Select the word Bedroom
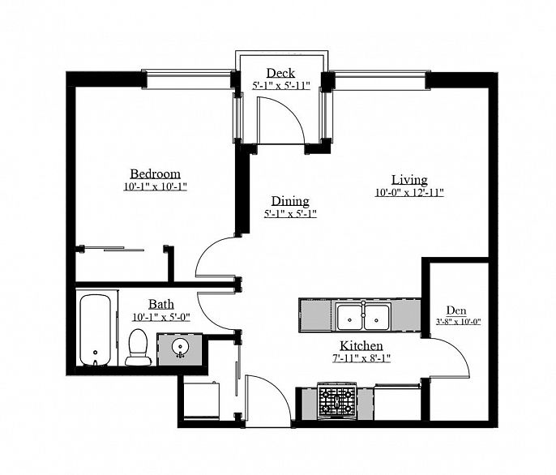[x=155, y=174]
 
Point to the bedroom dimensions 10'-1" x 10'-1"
[x=155, y=186]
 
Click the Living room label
[x=408, y=180]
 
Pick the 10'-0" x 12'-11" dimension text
[x=408, y=192]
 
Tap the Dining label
[x=289, y=201]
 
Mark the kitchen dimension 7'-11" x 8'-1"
[x=361, y=357]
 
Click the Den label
[x=456, y=309]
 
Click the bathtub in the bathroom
[x=96, y=330]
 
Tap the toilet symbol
[x=139, y=347]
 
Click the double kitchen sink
[x=362, y=316]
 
